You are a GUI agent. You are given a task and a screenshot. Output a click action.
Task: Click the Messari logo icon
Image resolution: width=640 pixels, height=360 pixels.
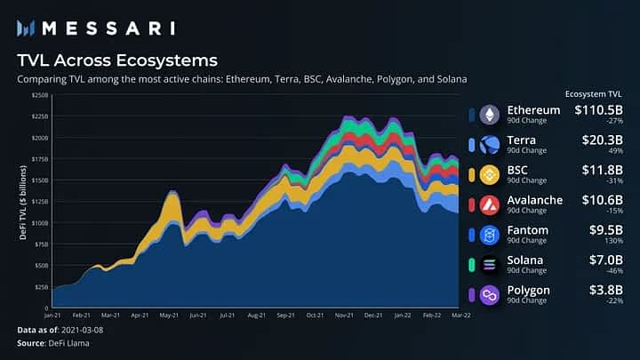[27, 28]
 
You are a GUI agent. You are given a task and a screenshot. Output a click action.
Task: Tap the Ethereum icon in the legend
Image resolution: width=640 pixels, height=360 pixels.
[490, 115]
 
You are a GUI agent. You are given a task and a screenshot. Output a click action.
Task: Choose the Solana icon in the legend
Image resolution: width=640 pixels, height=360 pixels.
[490, 265]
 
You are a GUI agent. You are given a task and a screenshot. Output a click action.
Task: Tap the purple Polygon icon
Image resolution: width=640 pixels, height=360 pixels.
[490, 295]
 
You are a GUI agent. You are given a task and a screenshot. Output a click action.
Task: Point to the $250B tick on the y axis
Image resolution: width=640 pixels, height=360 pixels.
[39, 95]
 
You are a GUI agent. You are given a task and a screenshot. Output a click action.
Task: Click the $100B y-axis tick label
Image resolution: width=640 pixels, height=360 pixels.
[39, 223]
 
